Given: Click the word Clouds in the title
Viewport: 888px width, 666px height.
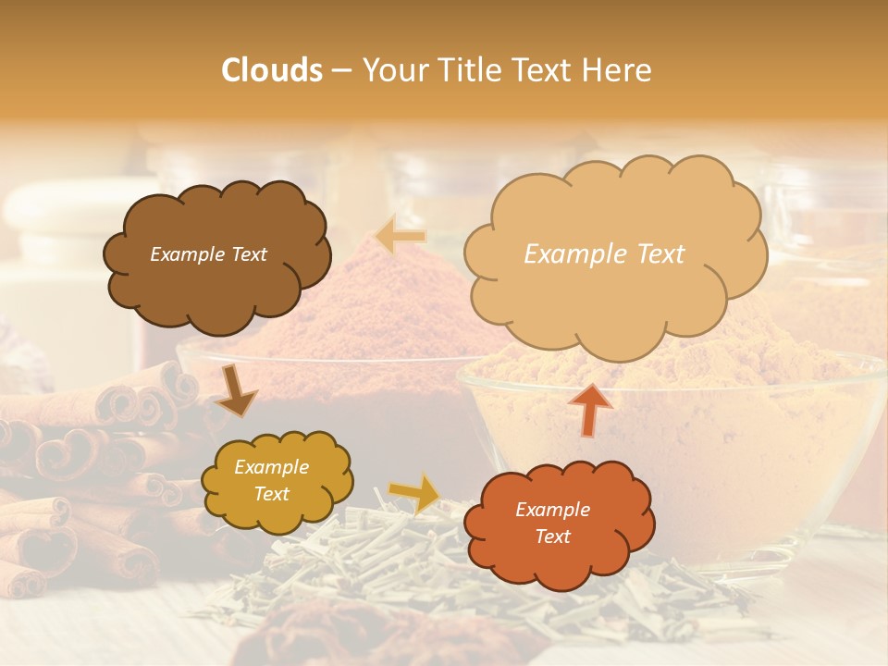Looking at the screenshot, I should [x=271, y=70].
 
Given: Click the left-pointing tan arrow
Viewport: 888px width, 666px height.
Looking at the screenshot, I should [x=401, y=235].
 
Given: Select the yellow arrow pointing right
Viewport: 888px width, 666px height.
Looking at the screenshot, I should [x=414, y=493].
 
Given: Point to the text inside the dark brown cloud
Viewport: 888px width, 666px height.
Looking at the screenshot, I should [x=208, y=254].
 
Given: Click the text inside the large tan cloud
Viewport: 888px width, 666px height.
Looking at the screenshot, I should [x=604, y=254].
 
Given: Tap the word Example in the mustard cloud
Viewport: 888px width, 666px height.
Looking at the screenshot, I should [x=271, y=467].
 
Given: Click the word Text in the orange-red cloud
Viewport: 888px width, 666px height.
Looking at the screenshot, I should [x=552, y=536].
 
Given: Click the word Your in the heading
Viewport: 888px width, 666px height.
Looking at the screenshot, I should [x=391, y=70].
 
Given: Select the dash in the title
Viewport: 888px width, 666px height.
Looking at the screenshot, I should [x=341, y=71].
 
